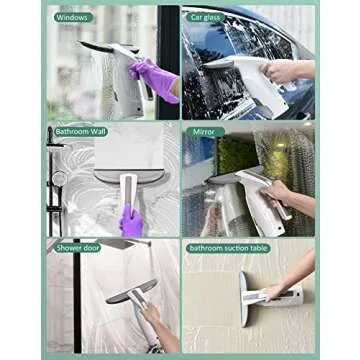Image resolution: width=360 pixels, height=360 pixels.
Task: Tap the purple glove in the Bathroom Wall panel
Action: [131, 222]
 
